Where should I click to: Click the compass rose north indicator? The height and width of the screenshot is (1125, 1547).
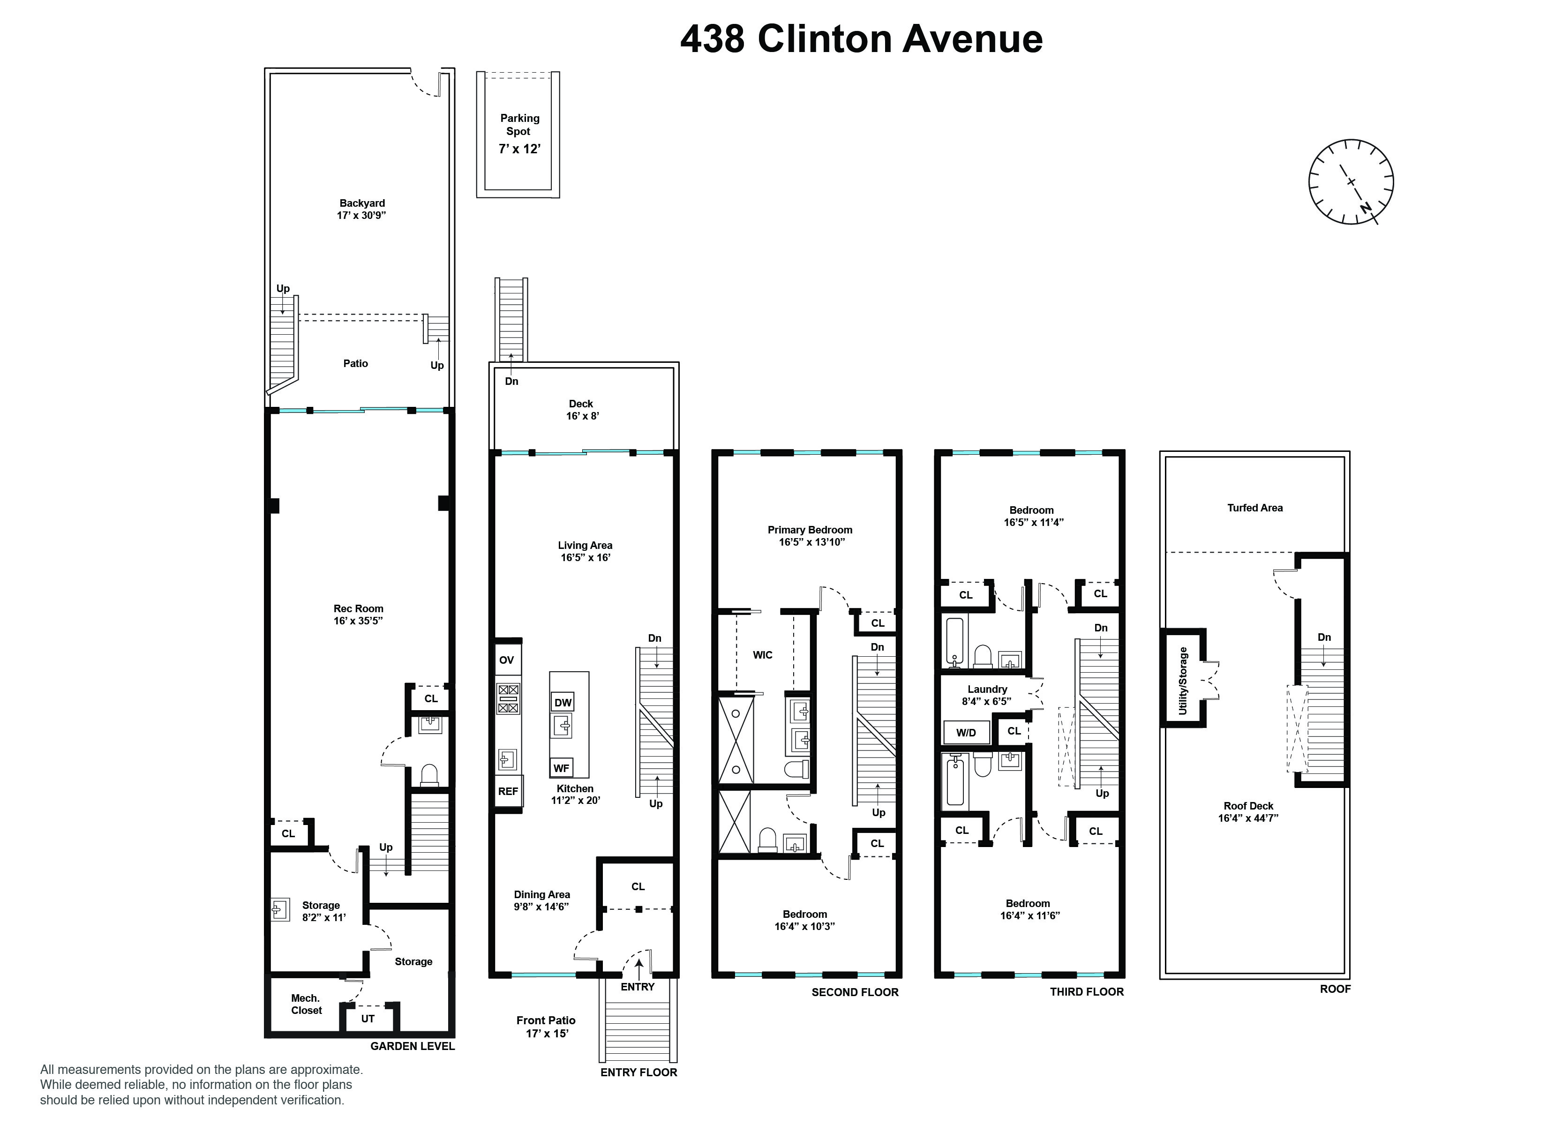1366,207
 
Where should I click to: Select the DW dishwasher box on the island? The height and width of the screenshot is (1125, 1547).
563,703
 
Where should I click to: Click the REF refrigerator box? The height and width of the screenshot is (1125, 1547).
508,791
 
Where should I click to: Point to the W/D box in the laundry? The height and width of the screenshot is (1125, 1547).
966,733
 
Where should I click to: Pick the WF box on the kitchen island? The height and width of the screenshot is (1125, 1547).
561,768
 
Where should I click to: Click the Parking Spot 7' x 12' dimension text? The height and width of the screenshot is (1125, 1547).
520,149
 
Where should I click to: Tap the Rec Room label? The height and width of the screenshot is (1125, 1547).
358,608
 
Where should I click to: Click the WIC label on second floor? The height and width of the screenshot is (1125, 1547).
763,655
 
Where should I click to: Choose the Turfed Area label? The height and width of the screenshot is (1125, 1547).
1254,508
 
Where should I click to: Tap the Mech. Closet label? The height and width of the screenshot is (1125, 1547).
306,1004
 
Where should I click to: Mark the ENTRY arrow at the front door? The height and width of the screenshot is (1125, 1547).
638,969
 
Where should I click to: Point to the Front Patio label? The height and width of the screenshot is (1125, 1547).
546,1020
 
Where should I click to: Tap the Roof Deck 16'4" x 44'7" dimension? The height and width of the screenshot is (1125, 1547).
1248,818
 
